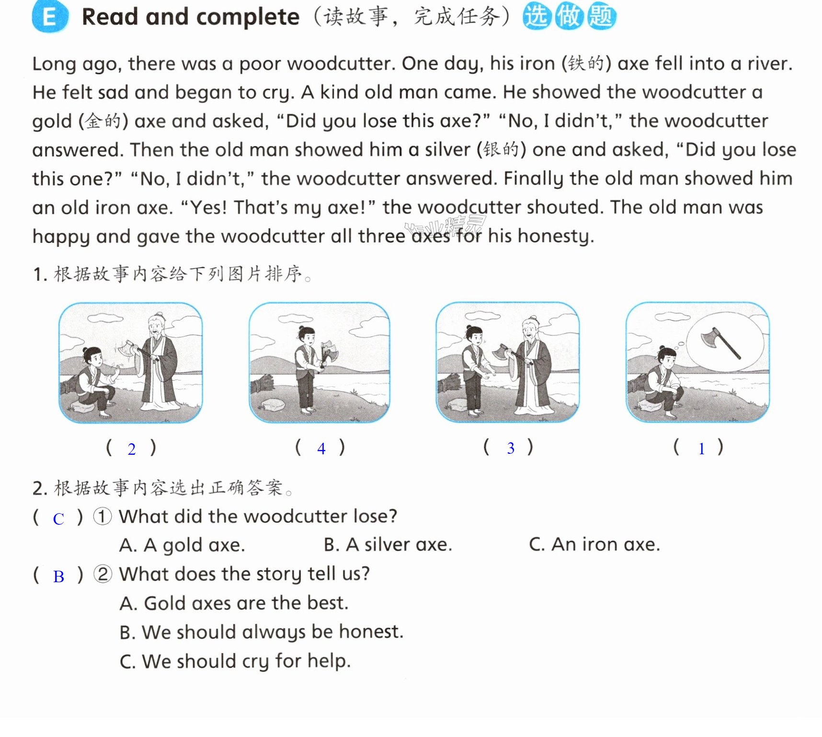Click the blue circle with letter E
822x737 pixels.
point(50,17)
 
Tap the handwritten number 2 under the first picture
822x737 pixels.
point(131,449)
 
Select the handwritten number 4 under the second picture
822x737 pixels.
point(321,449)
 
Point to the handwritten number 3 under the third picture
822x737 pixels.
point(511,448)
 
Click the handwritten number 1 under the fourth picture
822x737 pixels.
point(702,449)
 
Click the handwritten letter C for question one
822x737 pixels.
point(58,519)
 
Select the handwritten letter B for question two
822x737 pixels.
point(58,576)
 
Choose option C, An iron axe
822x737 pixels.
point(594,544)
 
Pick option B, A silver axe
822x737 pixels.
point(388,544)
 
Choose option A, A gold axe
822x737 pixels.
point(182,545)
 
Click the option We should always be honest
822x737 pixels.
point(262,632)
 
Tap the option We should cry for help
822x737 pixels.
point(235,661)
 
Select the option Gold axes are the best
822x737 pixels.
point(234,603)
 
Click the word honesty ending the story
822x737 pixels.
point(553,236)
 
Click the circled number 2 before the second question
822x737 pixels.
point(103,574)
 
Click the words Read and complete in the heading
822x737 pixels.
point(191,17)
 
